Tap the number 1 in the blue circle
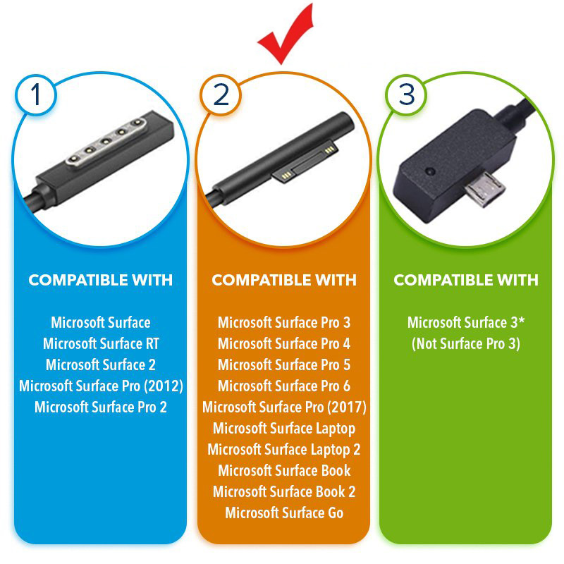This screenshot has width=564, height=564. pos(36,95)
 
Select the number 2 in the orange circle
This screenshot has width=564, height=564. pos(221,95)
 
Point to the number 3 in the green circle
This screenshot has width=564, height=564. pos(407,95)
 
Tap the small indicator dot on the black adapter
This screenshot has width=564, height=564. pos(430,171)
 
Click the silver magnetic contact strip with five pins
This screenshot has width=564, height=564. pos(106,140)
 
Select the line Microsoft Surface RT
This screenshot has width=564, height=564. pos(101,343)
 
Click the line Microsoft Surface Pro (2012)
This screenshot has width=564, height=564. pos(101,386)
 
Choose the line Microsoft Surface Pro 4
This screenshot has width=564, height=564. pos(284,343)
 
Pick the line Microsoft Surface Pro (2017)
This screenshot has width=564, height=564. pos(284,407)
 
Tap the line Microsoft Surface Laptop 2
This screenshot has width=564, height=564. pos(284,450)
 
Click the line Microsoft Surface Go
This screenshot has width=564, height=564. pos(284,513)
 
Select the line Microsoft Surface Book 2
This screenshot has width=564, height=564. pos(284,491)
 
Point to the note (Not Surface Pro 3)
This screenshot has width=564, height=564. pos(466,344)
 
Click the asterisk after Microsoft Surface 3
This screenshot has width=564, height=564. pos(521,321)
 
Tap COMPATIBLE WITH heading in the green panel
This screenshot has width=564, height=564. pos(466,280)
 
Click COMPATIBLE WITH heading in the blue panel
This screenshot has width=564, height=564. pos(101,280)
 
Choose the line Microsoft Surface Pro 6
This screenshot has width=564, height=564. pos(284,386)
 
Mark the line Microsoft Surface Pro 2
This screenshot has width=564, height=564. pos(101,407)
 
